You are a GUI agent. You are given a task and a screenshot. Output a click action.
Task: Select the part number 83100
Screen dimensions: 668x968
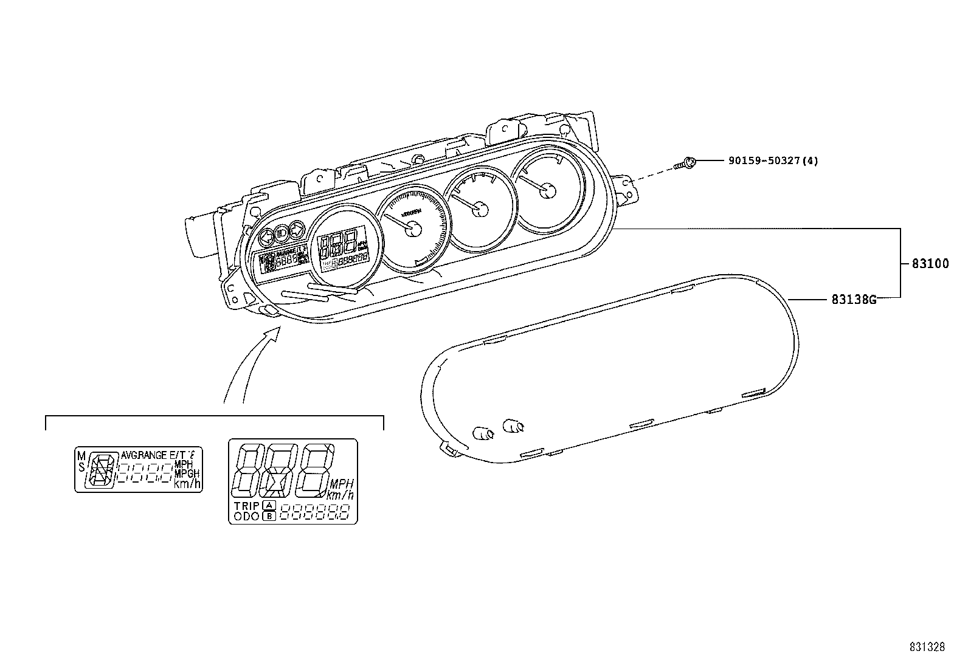[930, 264]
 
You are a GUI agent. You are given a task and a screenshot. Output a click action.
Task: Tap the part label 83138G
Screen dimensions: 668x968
[854, 299]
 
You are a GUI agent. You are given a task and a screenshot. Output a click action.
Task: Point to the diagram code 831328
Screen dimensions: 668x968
[927, 647]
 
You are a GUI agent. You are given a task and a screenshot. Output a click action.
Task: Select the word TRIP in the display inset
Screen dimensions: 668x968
[247, 506]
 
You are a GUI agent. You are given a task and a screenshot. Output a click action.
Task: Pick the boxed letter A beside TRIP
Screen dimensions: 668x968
[269, 506]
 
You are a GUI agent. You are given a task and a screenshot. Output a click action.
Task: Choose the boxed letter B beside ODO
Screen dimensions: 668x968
[269, 516]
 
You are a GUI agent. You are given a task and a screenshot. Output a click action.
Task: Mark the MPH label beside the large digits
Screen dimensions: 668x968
[341, 484]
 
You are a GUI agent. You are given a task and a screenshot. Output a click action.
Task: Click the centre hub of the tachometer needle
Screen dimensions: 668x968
[413, 229]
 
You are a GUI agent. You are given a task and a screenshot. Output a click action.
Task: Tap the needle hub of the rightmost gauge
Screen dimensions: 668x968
[548, 190]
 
